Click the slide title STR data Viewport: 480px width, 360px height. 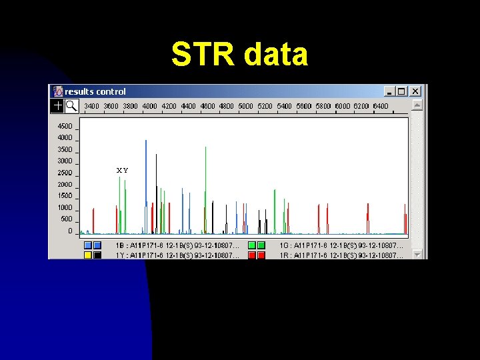point(239,55)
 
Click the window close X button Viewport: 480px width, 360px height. point(415,91)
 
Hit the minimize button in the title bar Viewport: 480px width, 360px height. point(389,91)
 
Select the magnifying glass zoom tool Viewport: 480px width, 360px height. point(71,105)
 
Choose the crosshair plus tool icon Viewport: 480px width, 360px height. point(58,105)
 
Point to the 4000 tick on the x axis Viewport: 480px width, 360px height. point(149,106)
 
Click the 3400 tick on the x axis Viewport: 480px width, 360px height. point(91,106)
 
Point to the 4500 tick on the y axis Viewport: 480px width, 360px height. point(65,126)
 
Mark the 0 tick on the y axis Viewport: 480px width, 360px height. point(70,231)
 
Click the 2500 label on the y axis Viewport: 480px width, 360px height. point(65,173)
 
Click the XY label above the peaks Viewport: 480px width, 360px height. point(123,171)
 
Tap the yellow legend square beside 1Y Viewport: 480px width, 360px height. point(88,255)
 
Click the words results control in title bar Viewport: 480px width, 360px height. point(95,91)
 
